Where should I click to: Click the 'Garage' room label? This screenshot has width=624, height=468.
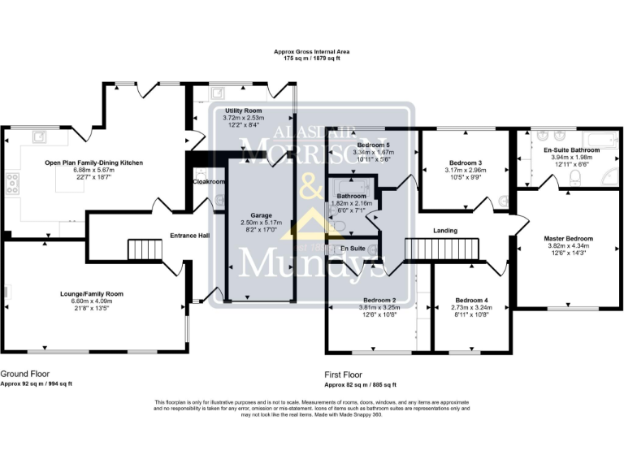tap(250, 215)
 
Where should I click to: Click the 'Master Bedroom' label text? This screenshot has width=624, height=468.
tap(568, 238)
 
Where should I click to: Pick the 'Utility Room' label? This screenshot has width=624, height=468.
tap(243, 110)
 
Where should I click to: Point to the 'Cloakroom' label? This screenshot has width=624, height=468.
tap(209, 182)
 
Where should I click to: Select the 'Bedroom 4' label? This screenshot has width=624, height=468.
tap(472, 300)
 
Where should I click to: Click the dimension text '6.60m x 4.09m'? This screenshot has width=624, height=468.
tap(91, 301)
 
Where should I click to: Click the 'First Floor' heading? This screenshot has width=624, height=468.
tap(343, 375)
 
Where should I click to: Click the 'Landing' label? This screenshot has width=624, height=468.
tap(445, 231)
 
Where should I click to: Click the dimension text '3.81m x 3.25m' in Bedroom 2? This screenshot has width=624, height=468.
tap(379, 307)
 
